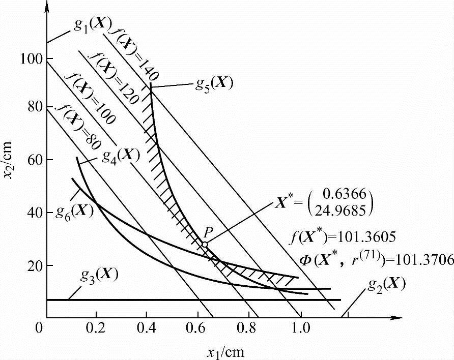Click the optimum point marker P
pyautogui.click(x=204, y=245)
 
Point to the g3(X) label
pyautogui.click(x=98, y=275)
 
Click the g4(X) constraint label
pyautogui.click(x=120, y=154)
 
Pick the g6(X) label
pyautogui.click(x=74, y=209)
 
